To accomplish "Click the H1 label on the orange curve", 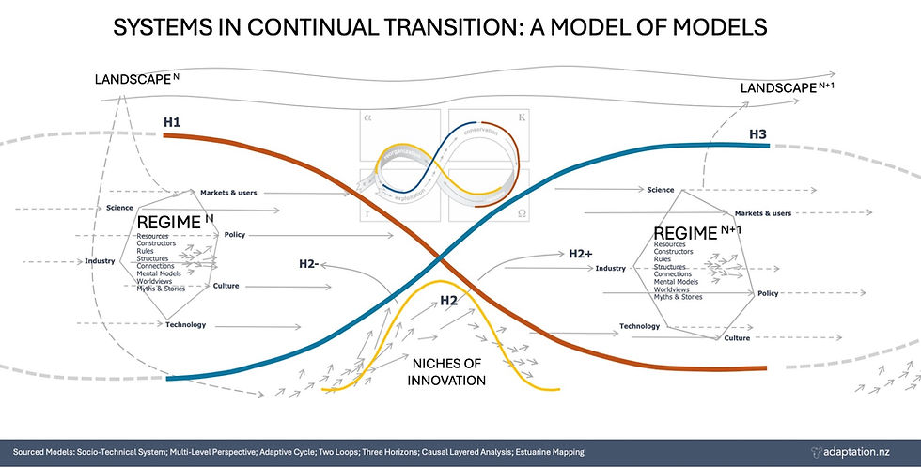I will (x=173, y=121).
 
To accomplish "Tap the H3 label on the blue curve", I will (x=757, y=134).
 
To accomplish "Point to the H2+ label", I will (x=580, y=254).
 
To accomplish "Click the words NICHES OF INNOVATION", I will (x=446, y=372).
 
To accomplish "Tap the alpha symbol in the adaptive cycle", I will (x=367, y=119).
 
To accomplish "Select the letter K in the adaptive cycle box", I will (x=520, y=119).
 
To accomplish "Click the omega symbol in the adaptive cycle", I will (x=520, y=212).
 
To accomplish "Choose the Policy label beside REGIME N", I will (x=236, y=234).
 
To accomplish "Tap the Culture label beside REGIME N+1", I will (x=737, y=336).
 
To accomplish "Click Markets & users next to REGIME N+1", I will (x=762, y=212).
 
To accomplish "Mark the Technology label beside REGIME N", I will (x=185, y=324).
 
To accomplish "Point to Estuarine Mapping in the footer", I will (x=538, y=452).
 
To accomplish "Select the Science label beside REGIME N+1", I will (x=661, y=189).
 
